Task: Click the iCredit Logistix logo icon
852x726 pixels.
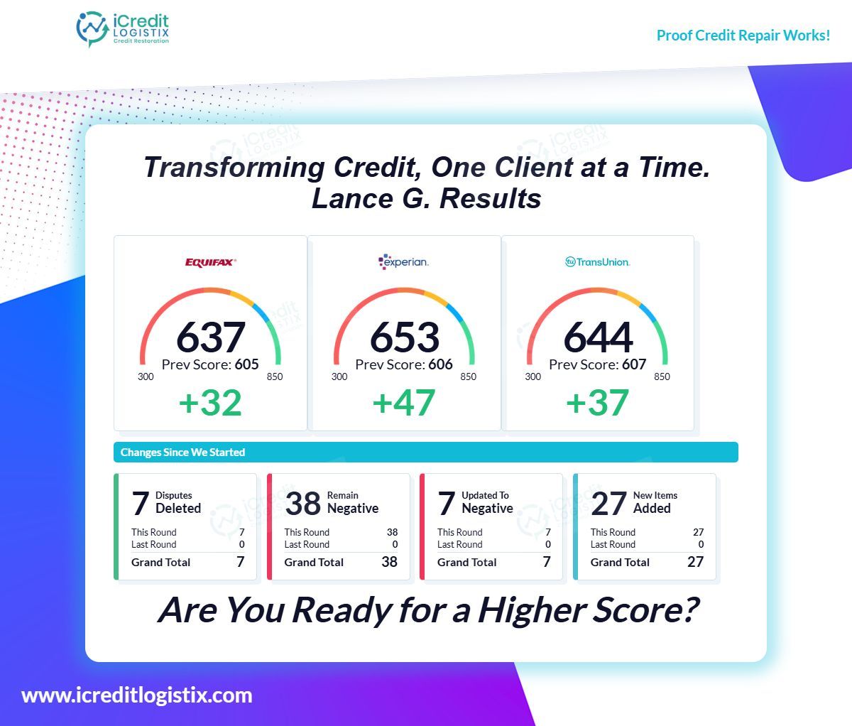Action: click(x=92, y=29)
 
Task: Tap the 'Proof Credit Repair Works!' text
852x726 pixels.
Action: click(x=743, y=36)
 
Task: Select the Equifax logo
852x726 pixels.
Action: click(x=210, y=262)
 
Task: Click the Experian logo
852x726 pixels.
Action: click(x=403, y=261)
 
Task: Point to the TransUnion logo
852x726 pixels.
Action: click(x=597, y=262)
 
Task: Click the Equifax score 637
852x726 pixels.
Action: click(x=210, y=337)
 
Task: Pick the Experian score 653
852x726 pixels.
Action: click(x=404, y=337)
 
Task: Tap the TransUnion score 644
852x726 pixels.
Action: click(x=598, y=337)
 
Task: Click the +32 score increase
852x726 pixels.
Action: click(x=210, y=403)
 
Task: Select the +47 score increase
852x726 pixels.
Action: click(x=404, y=403)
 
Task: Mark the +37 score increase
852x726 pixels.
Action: click(x=597, y=403)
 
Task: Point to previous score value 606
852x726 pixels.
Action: click(x=441, y=365)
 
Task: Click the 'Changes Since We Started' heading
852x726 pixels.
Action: click(x=182, y=453)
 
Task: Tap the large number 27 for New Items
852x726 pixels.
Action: click(x=608, y=504)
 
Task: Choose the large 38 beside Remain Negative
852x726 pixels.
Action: click(x=303, y=504)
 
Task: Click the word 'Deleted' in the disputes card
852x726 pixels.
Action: click(x=178, y=509)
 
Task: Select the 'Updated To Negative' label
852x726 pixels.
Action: click(x=487, y=502)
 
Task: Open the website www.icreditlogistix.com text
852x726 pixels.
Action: click(x=137, y=695)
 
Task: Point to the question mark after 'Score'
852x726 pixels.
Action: click(x=687, y=610)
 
